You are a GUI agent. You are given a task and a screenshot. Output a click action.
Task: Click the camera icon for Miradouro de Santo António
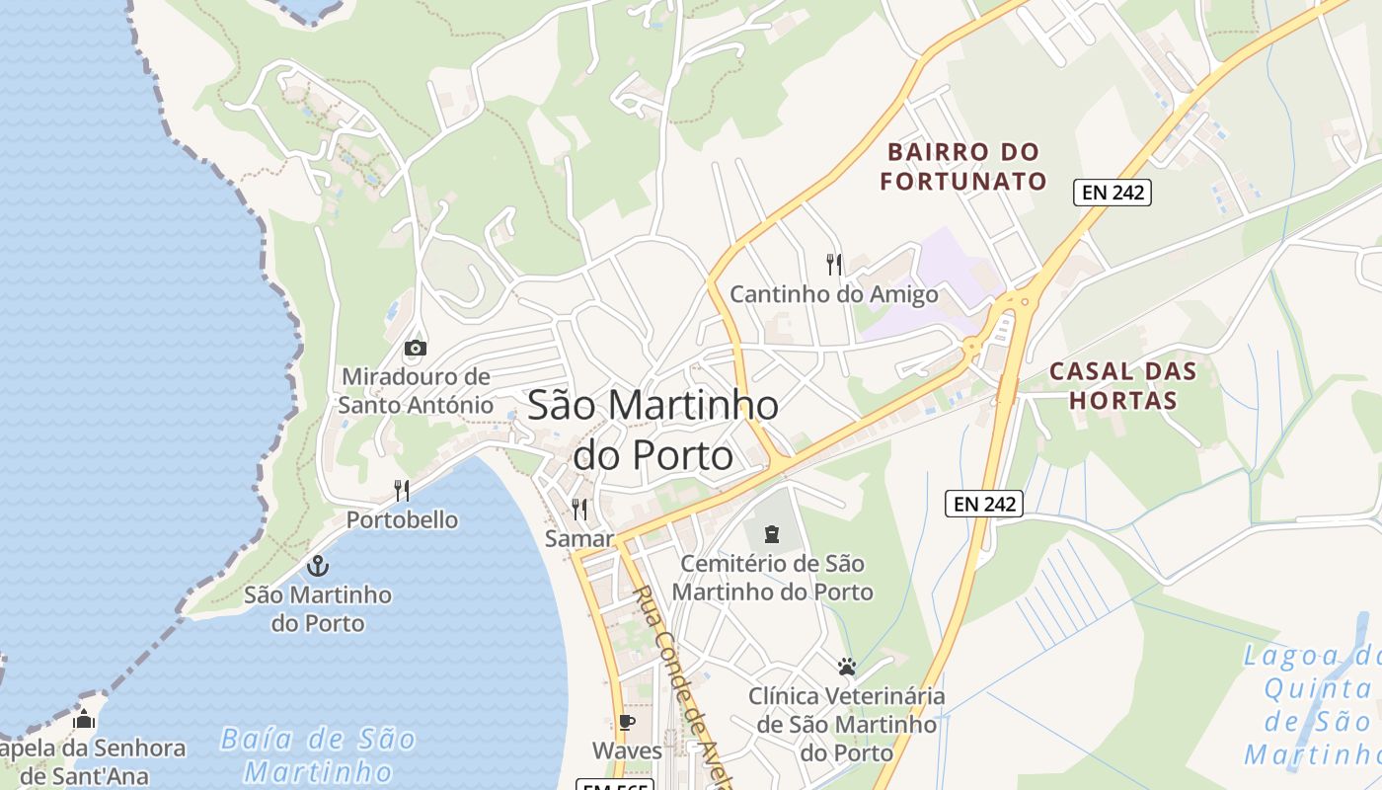click(x=416, y=348)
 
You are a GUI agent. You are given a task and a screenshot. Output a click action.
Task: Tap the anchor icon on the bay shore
click(x=318, y=566)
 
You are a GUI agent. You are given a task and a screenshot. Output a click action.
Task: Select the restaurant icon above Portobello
click(x=402, y=490)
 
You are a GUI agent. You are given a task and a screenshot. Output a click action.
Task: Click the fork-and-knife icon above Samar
click(x=579, y=510)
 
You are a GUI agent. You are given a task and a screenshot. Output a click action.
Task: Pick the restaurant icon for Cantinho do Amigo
click(x=834, y=264)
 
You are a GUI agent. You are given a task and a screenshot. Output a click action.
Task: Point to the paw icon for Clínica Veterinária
click(x=846, y=667)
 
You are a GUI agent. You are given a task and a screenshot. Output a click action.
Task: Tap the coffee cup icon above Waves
click(x=626, y=722)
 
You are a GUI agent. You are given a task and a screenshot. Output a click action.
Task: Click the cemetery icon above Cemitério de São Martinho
click(x=772, y=534)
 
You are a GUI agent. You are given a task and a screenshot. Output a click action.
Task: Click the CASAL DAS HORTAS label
click(x=1122, y=386)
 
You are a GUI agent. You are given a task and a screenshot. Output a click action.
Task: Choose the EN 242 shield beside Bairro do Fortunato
click(x=1113, y=193)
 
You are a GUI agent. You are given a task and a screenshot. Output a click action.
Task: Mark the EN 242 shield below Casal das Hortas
click(x=984, y=504)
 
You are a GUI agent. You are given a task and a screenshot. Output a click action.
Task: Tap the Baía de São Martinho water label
click(x=318, y=754)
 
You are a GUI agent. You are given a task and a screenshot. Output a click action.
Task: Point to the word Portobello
click(x=402, y=519)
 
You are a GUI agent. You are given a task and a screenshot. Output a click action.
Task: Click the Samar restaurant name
click(x=578, y=539)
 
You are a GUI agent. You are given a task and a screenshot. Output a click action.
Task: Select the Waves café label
click(x=627, y=750)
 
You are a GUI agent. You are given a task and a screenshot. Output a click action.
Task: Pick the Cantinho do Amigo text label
click(x=834, y=294)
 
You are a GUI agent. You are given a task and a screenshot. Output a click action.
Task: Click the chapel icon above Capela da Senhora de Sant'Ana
click(x=84, y=720)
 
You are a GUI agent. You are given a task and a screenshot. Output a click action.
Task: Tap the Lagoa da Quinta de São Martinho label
click(x=1313, y=705)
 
